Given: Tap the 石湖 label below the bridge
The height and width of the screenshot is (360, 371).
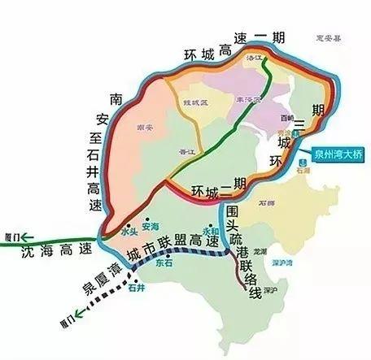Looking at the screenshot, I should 304,171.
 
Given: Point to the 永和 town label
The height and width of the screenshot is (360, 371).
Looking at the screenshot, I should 211,230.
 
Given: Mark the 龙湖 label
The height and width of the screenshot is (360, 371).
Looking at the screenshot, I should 260,250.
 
